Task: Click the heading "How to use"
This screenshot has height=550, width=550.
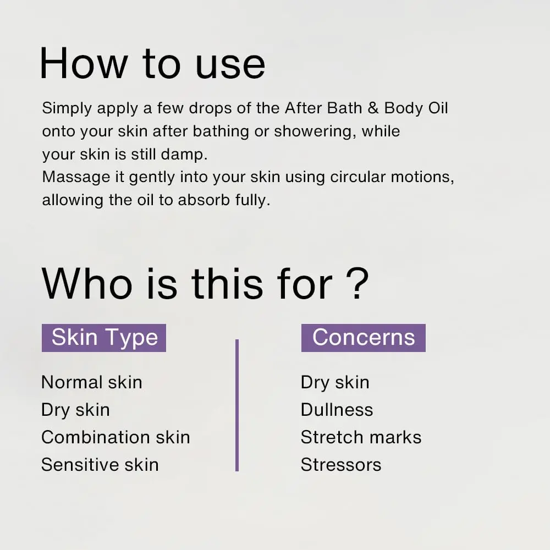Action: [152, 63]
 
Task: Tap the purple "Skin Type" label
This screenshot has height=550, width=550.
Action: [104, 338]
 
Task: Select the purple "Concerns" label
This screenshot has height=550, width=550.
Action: [363, 338]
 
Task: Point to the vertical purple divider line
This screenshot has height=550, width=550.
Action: [237, 405]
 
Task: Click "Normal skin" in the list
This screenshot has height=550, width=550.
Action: [92, 382]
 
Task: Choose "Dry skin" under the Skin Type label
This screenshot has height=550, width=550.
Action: [75, 410]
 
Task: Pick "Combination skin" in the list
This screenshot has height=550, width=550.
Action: [116, 437]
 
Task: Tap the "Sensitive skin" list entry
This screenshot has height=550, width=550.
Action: [100, 465]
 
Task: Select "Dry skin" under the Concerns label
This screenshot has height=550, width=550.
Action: [335, 382]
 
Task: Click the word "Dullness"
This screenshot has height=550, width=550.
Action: [337, 410]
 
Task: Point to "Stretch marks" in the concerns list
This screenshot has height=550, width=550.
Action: [361, 437]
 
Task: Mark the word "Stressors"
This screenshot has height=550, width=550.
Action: [341, 465]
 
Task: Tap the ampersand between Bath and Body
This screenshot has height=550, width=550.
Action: [373, 108]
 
